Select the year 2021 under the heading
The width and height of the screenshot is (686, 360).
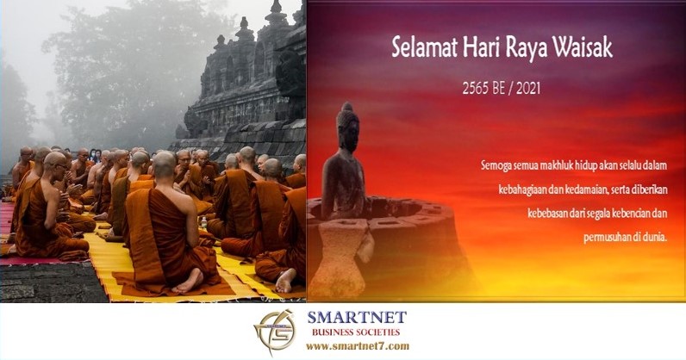tap(528, 89)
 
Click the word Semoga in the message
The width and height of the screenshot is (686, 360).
tap(496, 166)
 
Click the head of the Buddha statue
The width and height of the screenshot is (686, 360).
tap(348, 127)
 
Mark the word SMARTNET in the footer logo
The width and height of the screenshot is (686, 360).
tap(357, 317)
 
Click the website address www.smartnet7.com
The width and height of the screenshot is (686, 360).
tap(358, 346)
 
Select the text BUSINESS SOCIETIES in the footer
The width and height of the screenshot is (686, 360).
tap(356, 332)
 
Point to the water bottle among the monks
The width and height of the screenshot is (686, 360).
tap(204, 223)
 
